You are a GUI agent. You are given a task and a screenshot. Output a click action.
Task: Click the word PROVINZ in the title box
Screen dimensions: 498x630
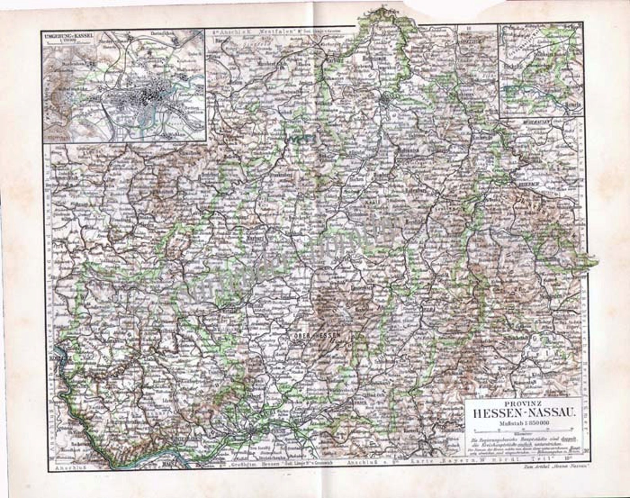point(521,405)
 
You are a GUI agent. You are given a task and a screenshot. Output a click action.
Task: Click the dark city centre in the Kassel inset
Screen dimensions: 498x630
point(151,94)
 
